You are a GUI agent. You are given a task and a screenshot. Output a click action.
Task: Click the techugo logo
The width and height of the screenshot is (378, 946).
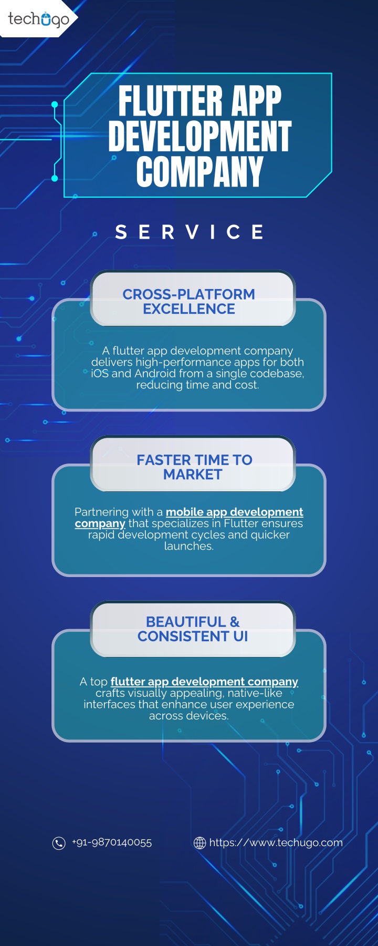click(x=38, y=19)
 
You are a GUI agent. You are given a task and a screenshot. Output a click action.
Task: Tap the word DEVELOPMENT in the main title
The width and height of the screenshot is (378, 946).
click(x=199, y=136)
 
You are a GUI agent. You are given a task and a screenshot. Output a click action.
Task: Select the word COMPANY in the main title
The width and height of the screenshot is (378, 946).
click(x=199, y=171)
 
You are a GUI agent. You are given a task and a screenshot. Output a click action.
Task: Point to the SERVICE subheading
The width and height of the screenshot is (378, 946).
click(x=189, y=232)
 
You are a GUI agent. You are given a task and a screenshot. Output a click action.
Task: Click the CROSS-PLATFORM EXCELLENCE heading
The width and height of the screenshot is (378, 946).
click(x=189, y=301)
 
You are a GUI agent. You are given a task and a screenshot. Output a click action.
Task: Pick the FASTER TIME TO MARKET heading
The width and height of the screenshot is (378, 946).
click(x=194, y=467)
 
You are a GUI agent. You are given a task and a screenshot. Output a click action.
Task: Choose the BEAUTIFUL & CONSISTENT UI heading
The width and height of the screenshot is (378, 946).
click(x=193, y=629)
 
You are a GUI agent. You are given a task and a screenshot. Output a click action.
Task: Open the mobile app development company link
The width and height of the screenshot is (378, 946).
click(x=189, y=518)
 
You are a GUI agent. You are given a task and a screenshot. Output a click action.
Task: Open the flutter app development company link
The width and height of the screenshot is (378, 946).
click(x=204, y=682)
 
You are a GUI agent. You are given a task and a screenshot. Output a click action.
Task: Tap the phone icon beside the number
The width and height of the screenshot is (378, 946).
click(x=59, y=843)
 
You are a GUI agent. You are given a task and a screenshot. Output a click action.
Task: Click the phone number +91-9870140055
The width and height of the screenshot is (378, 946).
click(x=112, y=842)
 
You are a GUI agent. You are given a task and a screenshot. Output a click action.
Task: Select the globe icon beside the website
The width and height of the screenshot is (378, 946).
click(x=200, y=843)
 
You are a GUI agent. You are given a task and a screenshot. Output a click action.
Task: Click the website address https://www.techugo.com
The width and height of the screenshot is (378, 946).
click(x=276, y=842)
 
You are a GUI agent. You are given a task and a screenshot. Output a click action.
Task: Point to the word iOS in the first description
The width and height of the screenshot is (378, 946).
click(x=100, y=373)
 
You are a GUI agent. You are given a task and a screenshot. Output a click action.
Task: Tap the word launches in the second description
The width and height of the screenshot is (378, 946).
click(x=189, y=546)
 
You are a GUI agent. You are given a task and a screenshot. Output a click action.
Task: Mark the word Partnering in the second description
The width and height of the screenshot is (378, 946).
click(x=101, y=512)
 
